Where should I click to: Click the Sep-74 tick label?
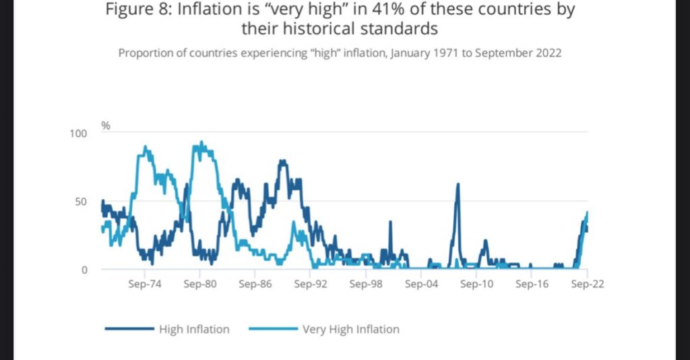[x=144, y=284]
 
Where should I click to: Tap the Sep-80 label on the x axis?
[x=199, y=284]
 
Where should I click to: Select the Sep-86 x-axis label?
[x=255, y=284]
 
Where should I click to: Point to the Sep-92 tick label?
[x=310, y=284]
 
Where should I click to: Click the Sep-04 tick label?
[x=421, y=284]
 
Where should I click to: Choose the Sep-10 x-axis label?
[x=476, y=284]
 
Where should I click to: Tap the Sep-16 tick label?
[x=532, y=284]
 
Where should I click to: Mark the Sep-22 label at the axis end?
[x=587, y=284]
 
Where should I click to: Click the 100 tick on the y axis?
[x=78, y=133]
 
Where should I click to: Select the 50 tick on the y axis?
[x=81, y=202]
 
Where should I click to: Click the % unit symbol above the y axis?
[x=106, y=125]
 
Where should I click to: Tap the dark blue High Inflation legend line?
[x=129, y=330]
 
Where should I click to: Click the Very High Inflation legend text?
[x=350, y=330]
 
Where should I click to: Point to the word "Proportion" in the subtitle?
[x=146, y=53]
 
